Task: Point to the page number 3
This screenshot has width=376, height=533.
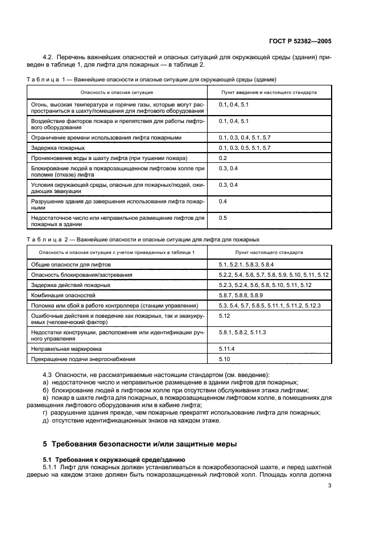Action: click(x=329, y=485)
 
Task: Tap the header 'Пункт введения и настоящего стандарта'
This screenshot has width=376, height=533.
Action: click(x=270, y=92)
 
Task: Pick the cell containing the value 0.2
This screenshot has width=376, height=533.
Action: click(x=223, y=158)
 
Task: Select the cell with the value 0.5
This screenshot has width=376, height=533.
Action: click(x=223, y=218)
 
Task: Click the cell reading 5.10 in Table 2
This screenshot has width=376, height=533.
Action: click(x=224, y=359)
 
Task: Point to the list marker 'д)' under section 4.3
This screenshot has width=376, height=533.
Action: click(x=46, y=420)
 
